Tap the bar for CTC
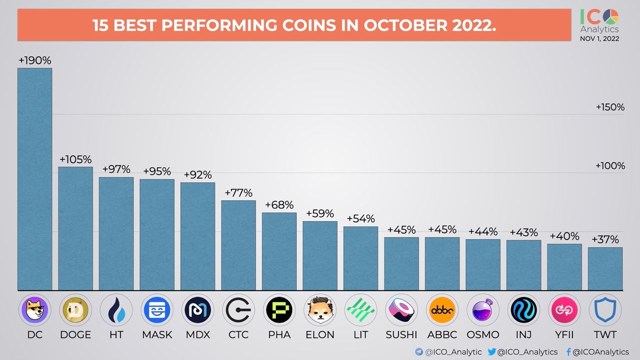click(238, 245)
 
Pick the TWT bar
click(605, 268)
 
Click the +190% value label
click(34, 60)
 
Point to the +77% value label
click(238, 193)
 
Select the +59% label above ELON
click(320, 213)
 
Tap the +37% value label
click(605, 239)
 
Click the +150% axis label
click(610, 107)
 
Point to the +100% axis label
click(610, 165)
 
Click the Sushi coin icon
click(401, 310)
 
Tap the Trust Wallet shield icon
click(605, 310)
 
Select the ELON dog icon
click(320, 310)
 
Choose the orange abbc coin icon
click(442, 310)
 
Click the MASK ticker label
click(157, 334)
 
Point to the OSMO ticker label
click(483, 334)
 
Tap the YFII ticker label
click(564, 334)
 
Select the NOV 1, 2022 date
click(599, 38)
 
